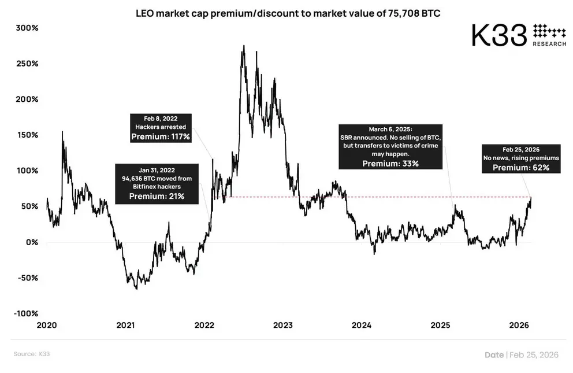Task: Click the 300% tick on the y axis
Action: [x=27, y=28]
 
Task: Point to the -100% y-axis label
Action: [x=26, y=313]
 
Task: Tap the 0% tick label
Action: [x=32, y=242]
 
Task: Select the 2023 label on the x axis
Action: [x=283, y=325]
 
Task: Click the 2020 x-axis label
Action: [x=47, y=325]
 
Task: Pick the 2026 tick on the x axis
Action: [x=519, y=325]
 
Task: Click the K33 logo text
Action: [x=499, y=35]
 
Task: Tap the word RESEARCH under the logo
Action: [x=549, y=44]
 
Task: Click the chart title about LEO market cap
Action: [x=288, y=13]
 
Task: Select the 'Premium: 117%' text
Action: [x=161, y=136]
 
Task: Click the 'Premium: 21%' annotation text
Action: [x=157, y=197]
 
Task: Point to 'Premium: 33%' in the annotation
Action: [x=390, y=164]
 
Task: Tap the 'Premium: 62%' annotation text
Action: [x=521, y=168]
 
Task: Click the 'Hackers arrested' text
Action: [x=161, y=127]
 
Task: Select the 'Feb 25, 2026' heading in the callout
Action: [x=521, y=150]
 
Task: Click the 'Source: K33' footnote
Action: [x=32, y=354]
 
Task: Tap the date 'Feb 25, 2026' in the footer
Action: [x=534, y=354]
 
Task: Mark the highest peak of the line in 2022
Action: [x=244, y=46]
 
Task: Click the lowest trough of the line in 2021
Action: [x=137, y=289]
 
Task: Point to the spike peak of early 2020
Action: [x=62, y=131]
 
